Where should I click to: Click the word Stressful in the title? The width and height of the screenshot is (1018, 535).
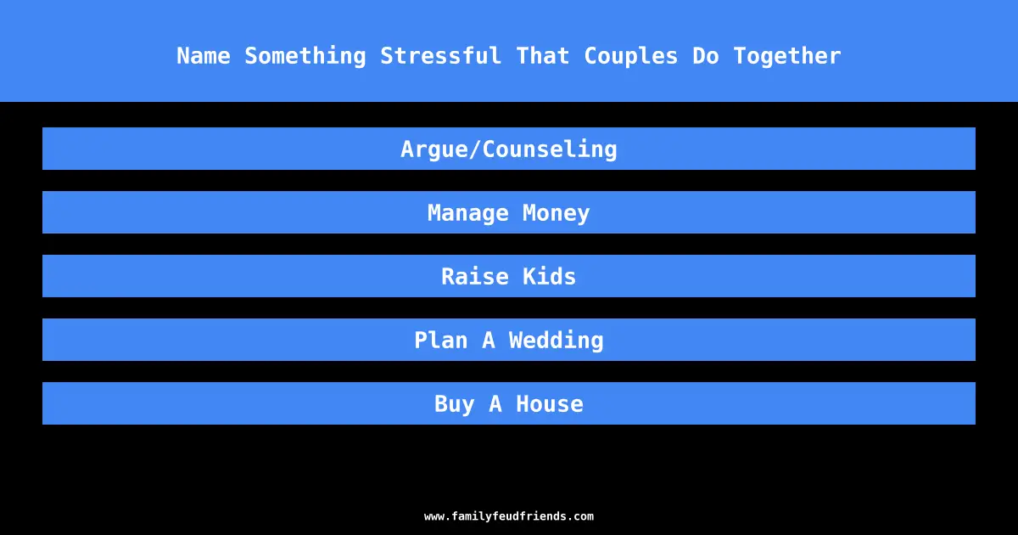click(x=440, y=56)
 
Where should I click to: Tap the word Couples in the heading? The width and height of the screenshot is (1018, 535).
click(x=631, y=56)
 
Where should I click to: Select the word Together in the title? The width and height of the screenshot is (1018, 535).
click(x=787, y=56)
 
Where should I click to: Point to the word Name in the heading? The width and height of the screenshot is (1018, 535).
click(x=203, y=56)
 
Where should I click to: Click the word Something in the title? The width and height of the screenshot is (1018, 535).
click(x=305, y=56)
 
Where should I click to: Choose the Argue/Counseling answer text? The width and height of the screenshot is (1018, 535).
click(x=508, y=149)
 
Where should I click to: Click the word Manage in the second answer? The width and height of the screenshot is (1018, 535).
click(x=467, y=213)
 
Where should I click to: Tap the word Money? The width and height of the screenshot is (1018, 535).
click(x=556, y=213)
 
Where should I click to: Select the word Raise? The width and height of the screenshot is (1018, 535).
click(x=475, y=277)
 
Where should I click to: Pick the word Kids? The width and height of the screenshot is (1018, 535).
click(x=549, y=277)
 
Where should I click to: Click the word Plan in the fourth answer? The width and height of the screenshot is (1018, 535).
click(x=441, y=341)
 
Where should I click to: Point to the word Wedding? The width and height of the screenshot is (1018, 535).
click(x=556, y=341)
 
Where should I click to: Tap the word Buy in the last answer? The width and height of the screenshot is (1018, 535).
click(x=454, y=404)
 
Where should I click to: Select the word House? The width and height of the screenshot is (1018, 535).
click(x=550, y=404)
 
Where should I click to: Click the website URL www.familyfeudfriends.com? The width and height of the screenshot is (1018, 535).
click(x=508, y=516)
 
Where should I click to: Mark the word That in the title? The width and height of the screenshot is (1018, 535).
click(x=543, y=56)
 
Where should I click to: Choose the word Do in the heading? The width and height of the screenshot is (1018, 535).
click(x=705, y=56)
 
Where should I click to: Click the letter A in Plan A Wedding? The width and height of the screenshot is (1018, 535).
click(x=488, y=341)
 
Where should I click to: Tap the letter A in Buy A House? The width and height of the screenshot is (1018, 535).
click(x=495, y=404)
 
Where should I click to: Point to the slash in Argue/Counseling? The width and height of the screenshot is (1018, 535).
click(x=474, y=149)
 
